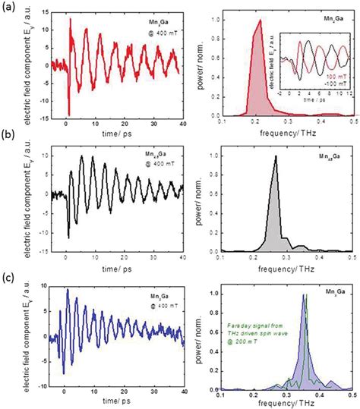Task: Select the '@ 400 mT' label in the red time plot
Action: [x=160, y=33]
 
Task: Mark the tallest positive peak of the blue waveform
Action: [x=68, y=289]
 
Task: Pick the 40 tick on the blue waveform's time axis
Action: [x=183, y=395]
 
